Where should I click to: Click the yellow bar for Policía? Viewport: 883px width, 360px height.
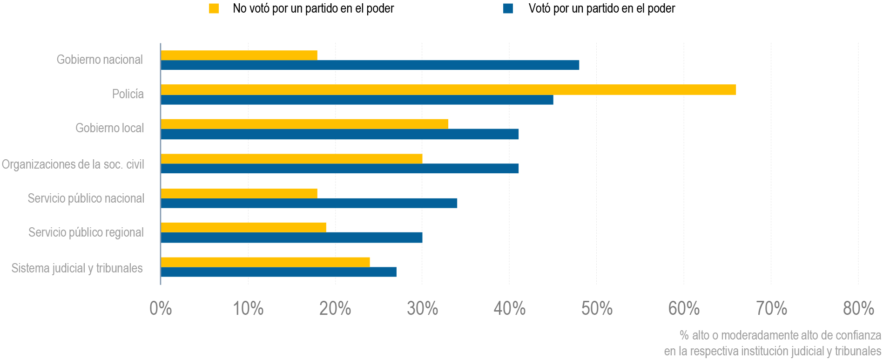(x=448, y=89)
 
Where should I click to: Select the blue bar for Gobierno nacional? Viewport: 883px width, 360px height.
(x=370, y=65)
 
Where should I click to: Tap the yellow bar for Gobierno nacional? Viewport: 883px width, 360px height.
(x=239, y=55)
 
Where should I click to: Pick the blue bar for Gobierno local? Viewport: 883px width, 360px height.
(x=339, y=134)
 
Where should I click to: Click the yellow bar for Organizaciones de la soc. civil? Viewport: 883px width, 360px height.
(x=291, y=158)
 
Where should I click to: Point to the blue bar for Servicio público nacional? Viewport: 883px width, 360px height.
(x=309, y=203)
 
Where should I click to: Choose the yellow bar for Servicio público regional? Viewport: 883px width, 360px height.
(x=243, y=227)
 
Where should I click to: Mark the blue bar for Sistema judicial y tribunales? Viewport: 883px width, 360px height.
(x=278, y=272)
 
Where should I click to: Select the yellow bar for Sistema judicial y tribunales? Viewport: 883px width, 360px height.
(x=265, y=262)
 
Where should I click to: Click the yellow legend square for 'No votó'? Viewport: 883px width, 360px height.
(x=214, y=8)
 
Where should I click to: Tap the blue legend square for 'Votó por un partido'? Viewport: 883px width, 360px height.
(x=508, y=8)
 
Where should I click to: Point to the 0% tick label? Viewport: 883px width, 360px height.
(x=161, y=308)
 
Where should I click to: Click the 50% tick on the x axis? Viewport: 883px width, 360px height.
(x=597, y=308)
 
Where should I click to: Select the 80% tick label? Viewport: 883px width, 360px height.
(x=858, y=308)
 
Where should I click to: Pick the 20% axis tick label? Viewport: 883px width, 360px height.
(x=335, y=308)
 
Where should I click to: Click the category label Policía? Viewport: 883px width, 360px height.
(x=128, y=94)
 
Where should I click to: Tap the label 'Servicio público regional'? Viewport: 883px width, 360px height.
(x=86, y=232)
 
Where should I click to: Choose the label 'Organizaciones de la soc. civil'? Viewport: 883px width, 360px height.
(x=73, y=164)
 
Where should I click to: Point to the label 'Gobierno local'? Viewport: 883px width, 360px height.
(x=110, y=128)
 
